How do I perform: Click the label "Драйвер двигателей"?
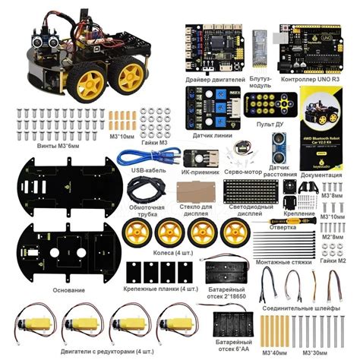coord(215,79)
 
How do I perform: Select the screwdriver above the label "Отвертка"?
coord(289,223)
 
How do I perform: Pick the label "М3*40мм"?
coord(273,351)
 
